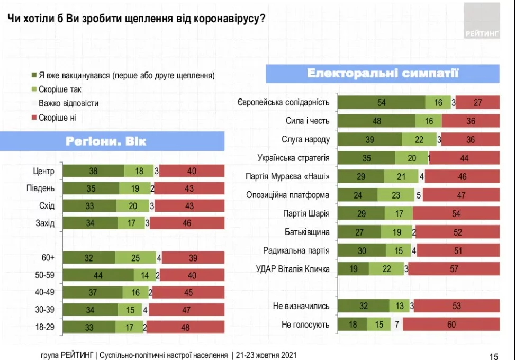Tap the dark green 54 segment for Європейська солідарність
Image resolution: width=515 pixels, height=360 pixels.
coord(382,103)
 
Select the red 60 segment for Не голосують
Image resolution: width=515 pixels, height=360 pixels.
coord(451,325)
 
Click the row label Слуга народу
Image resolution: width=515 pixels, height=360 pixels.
coord(306,139)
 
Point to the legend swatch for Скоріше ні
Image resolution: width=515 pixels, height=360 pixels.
coord(34,118)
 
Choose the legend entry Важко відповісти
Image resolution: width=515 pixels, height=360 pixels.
coord(68,104)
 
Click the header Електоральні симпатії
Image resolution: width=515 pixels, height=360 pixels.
coord(382,74)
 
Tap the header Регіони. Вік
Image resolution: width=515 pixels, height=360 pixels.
coord(106,141)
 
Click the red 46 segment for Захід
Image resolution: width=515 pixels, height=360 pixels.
coord(187,223)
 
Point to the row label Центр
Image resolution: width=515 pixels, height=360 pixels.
coord(44,171)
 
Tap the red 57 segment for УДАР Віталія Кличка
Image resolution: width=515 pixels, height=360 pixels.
coord(454,269)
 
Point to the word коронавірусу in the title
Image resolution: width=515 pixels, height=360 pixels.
coord(222,18)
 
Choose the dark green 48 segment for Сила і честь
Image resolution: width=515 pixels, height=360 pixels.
coord(376,121)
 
